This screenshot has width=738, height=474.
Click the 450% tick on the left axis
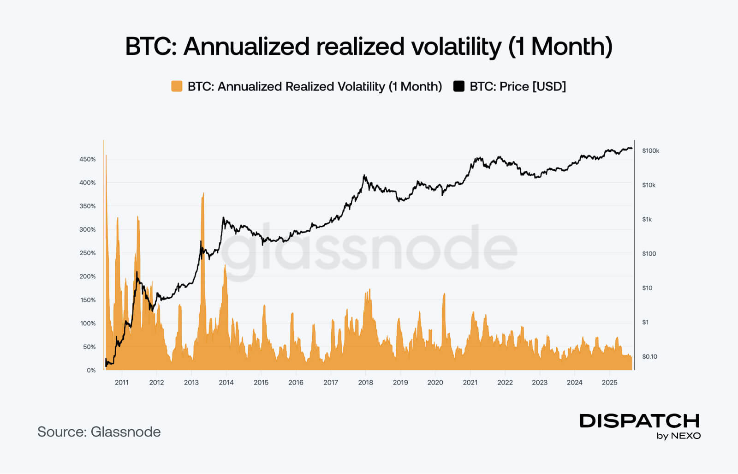(88, 159)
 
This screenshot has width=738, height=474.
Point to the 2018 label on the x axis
(365, 383)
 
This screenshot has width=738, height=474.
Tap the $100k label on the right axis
(650, 151)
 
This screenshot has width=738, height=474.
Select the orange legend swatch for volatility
(177, 86)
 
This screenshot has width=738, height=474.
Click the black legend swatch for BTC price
(459, 86)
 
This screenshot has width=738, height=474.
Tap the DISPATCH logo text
(640, 421)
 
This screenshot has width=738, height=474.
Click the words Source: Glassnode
(99, 432)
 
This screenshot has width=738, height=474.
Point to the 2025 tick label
(609, 383)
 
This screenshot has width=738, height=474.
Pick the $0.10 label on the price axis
(649, 357)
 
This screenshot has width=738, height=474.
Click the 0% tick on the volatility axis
(91, 370)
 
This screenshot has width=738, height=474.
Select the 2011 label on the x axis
(122, 383)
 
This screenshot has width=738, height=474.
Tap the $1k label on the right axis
(647, 220)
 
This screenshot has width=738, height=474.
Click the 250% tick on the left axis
(88, 253)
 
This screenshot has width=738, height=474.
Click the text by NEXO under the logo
(678, 436)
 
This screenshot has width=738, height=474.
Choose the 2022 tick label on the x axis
(505, 383)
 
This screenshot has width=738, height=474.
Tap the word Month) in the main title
(572, 47)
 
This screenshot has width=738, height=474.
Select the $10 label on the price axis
(647, 288)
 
